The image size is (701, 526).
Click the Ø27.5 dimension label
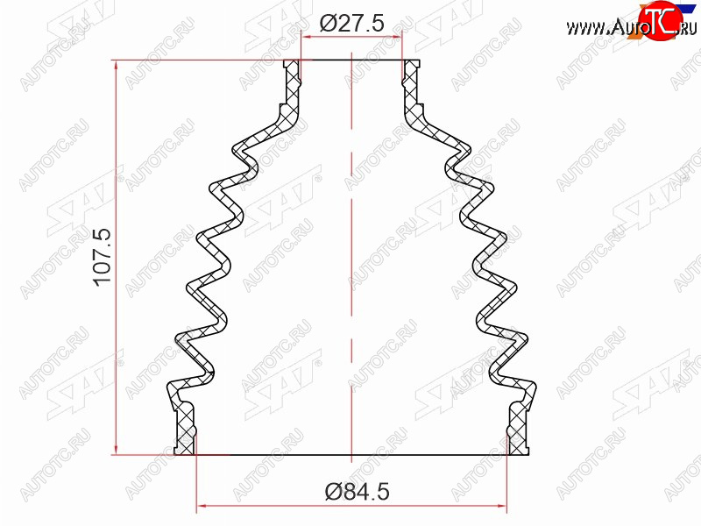point(352,24)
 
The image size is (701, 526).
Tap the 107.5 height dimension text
point(103,256)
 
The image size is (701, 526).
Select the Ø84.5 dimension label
point(358,492)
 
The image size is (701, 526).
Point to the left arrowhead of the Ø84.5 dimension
point(202,507)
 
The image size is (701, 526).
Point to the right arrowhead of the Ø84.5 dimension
point(501,507)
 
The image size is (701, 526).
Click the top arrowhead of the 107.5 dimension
point(117,66)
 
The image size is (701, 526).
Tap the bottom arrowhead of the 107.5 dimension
point(117,449)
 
